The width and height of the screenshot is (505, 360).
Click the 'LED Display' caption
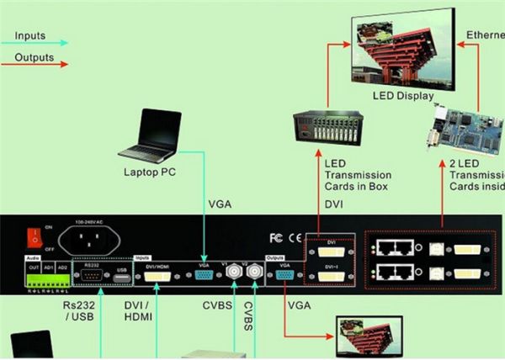tap(401, 95)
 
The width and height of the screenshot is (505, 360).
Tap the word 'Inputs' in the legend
tap(30, 37)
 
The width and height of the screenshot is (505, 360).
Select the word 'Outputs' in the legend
tap(34, 58)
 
